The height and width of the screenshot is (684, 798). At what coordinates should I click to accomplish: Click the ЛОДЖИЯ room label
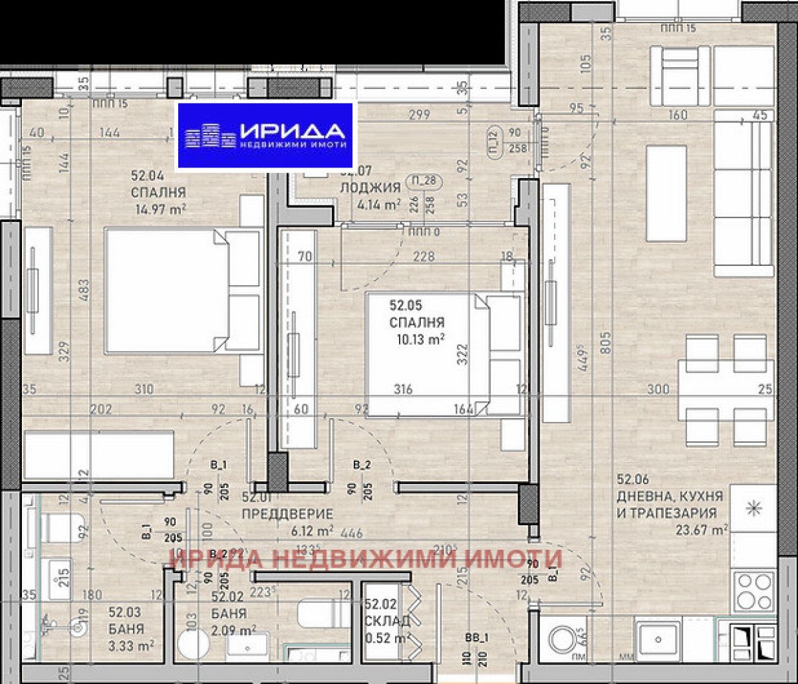pos(369,187)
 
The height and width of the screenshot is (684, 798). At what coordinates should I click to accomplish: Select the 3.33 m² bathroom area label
pos(132,644)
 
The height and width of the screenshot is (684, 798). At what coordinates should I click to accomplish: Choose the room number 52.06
pos(632,479)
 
